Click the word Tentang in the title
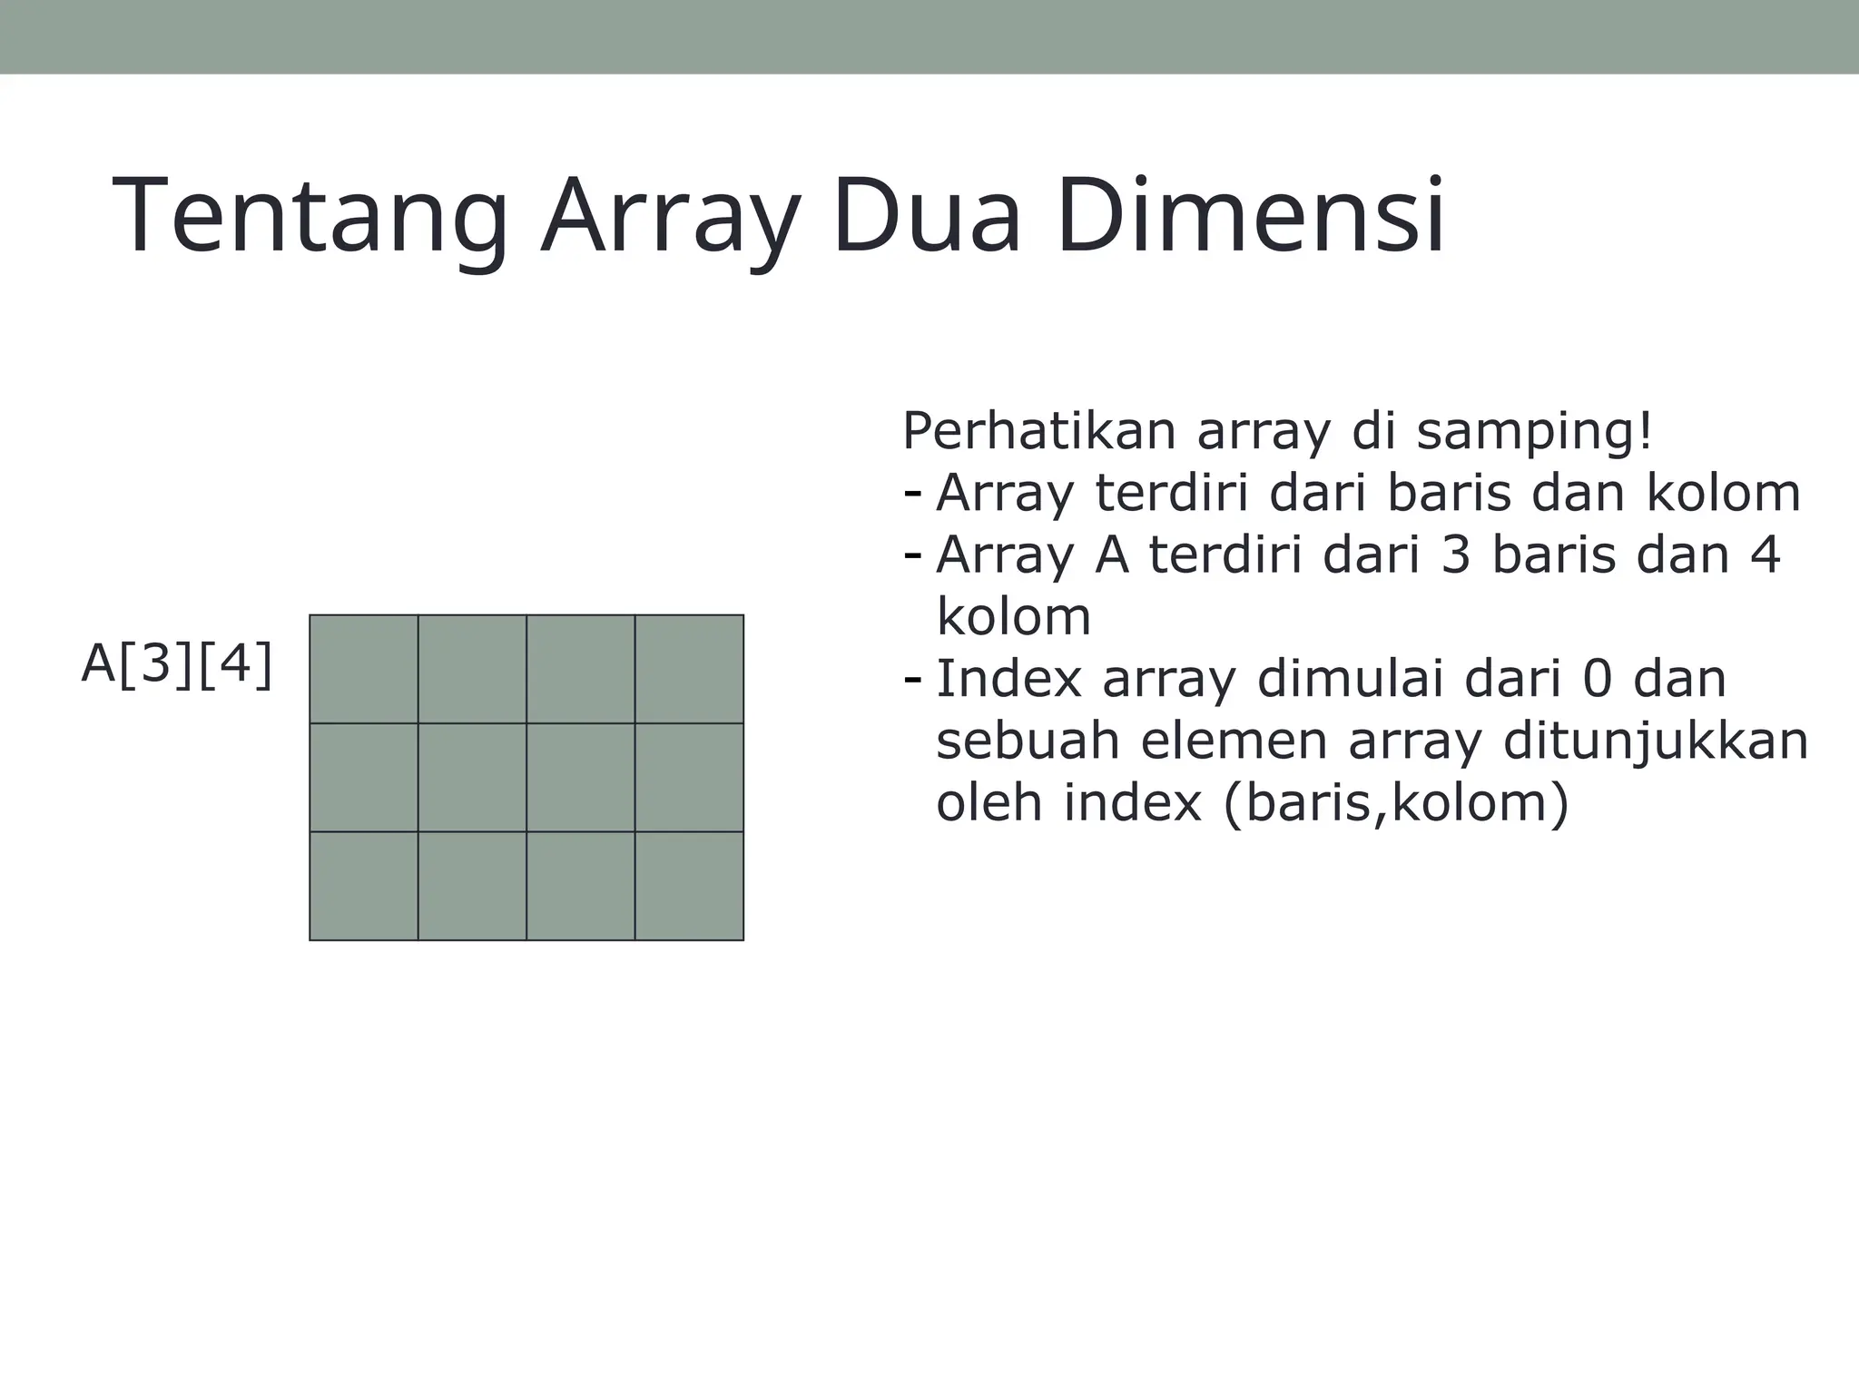[x=310, y=218]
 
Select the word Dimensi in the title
[x=1250, y=218]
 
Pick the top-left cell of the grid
[x=364, y=669]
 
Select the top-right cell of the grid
[x=689, y=669]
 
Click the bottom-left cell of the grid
[x=364, y=886]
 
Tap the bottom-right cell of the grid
[x=689, y=886]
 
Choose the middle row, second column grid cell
[x=472, y=777]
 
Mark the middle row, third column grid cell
[x=581, y=777]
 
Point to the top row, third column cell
[x=581, y=669]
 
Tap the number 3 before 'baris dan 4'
[x=1455, y=555]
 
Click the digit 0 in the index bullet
[x=1598, y=679]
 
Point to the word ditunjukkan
[x=1656, y=741]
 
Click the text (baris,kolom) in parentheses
[x=1396, y=803]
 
